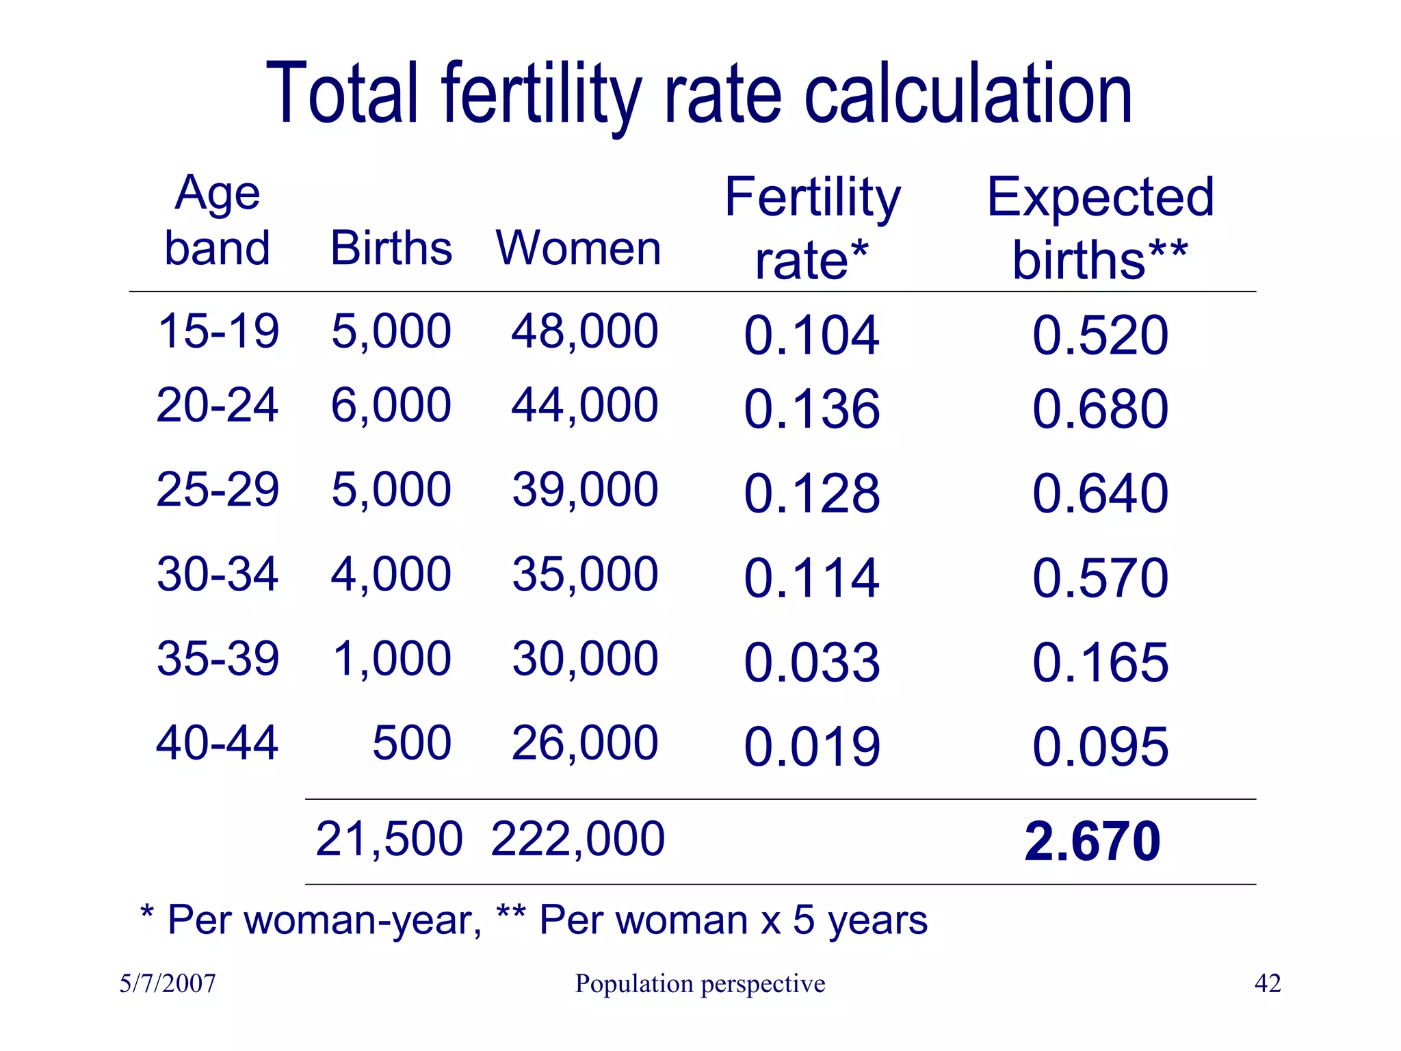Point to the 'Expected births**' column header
pos(1100,229)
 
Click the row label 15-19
pos(218,331)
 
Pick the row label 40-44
pos(218,743)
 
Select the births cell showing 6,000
pos(391,405)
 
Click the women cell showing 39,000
pos(585,490)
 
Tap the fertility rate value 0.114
pos(811,578)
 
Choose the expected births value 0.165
pos(1100,662)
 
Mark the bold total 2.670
pos(1092,841)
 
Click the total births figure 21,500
pos(389,839)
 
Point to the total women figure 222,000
pos(578,839)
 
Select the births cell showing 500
pos(412,743)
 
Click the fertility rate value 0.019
pos(811,747)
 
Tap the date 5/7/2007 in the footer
pos(168,984)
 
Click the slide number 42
pos(1268,984)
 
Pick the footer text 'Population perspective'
pos(700,984)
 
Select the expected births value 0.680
pos(1100,409)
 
